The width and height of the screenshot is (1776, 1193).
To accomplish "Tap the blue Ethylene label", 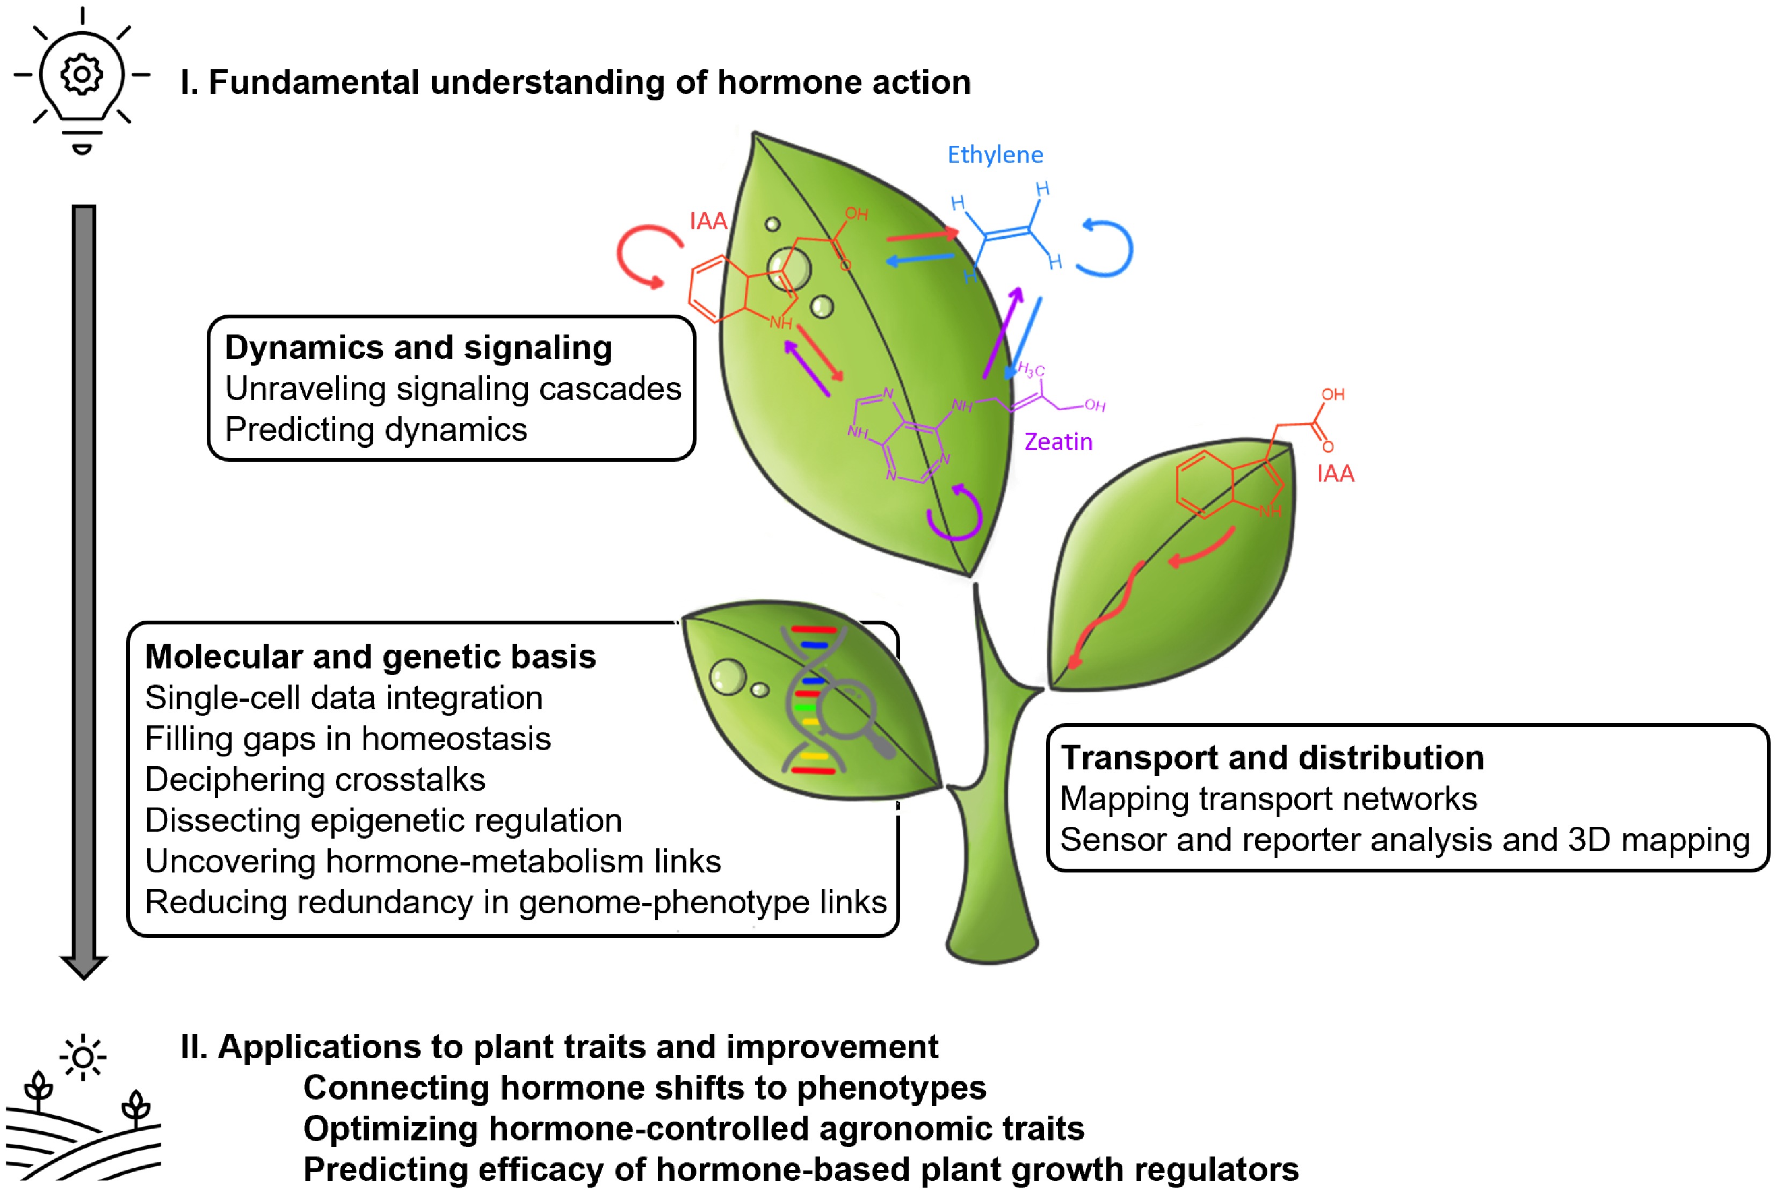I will [x=995, y=155].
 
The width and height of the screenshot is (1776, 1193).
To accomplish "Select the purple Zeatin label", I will [x=1057, y=442].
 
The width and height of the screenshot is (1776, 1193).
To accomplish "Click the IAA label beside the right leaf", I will [x=1336, y=474].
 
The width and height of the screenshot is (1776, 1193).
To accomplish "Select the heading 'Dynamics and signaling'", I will [x=418, y=348].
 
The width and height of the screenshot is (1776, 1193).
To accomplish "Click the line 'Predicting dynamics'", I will [x=376, y=430].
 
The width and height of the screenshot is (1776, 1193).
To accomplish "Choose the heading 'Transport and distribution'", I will [x=1272, y=758].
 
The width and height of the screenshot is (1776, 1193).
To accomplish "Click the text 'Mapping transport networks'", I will [x=1268, y=799].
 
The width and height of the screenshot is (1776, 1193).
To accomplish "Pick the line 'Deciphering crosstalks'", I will [x=315, y=780].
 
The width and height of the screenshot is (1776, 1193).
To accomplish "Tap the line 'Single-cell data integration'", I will [x=344, y=699].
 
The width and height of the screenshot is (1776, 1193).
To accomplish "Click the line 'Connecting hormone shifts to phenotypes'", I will [x=644, y=1088].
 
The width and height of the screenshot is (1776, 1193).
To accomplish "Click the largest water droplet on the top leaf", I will [x=789, y=270].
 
